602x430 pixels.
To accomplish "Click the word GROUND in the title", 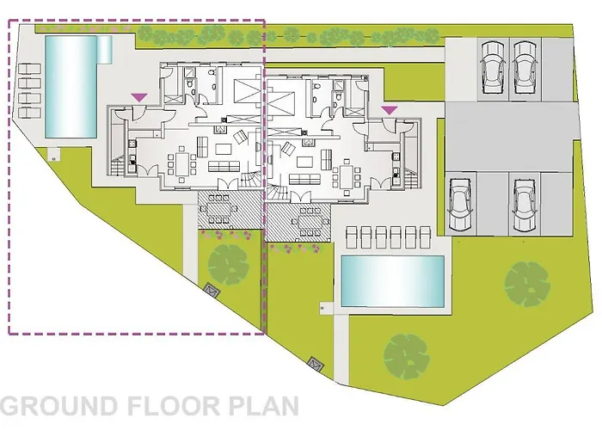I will pos(58,406).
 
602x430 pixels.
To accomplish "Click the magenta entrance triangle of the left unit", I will pos(139,95).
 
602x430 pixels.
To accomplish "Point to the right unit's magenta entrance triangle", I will pos(390,110).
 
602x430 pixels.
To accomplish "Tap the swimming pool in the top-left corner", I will pos(70,86).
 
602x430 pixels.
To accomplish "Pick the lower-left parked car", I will pos(459,205).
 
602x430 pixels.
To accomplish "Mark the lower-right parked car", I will pos(524,205).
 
